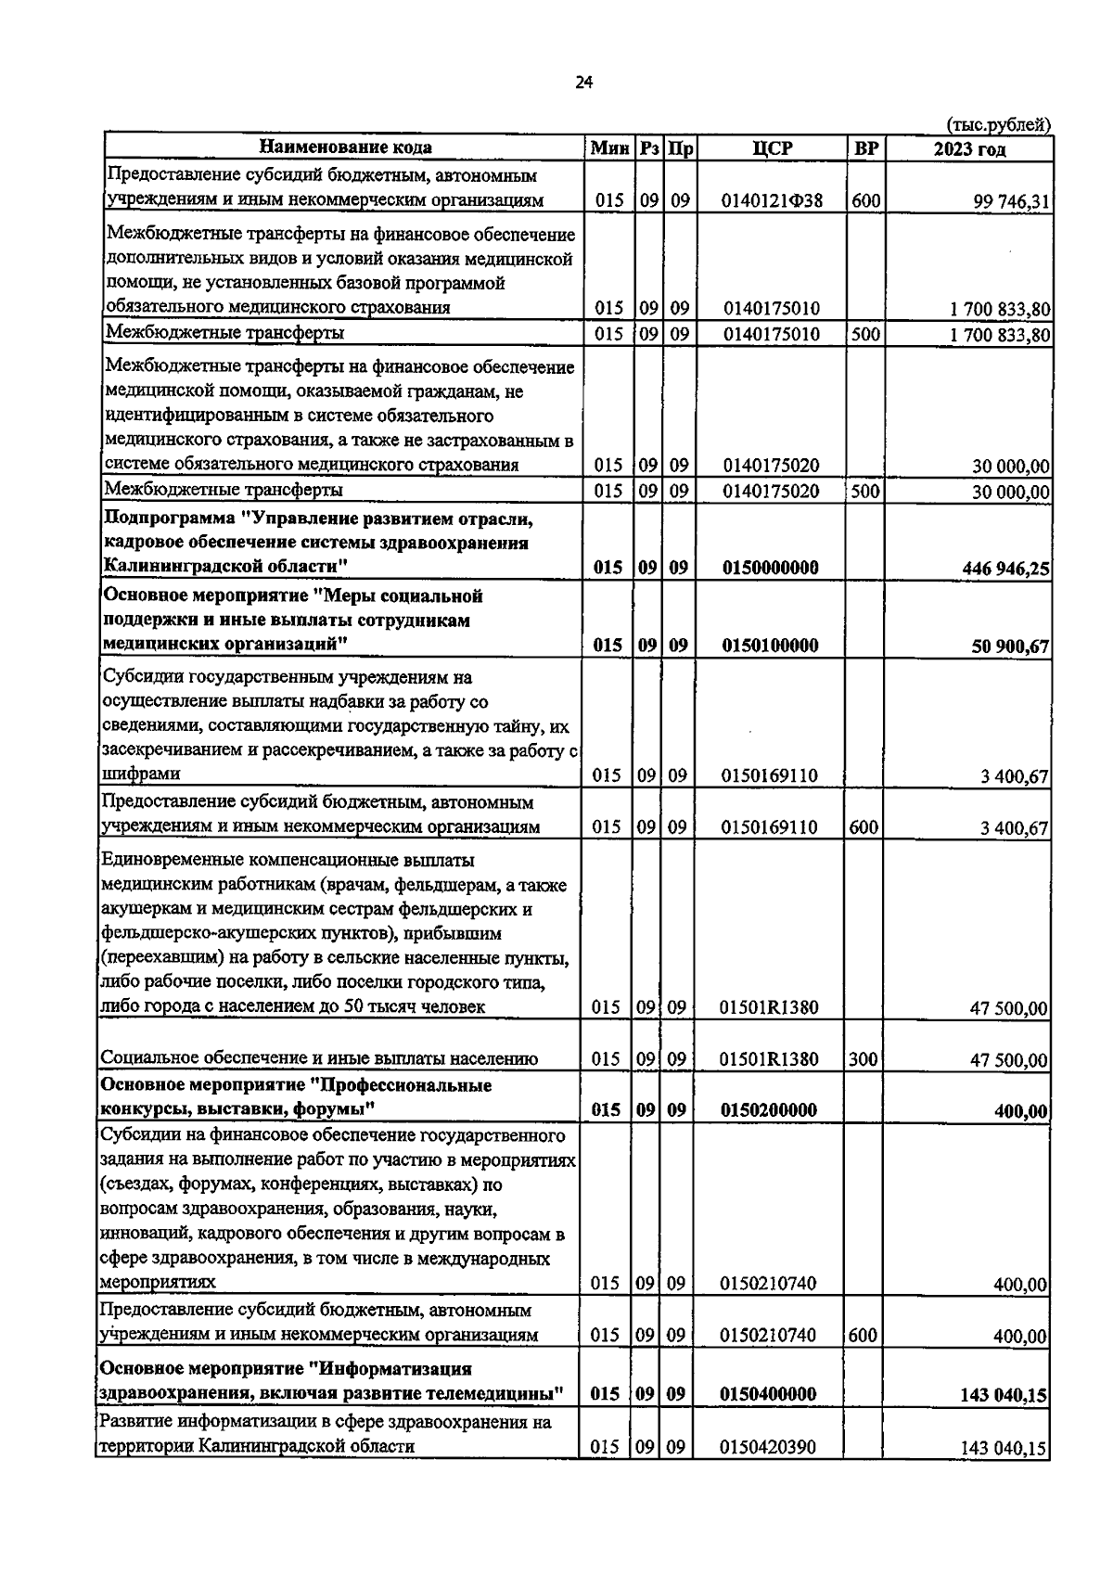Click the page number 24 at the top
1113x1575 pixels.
[x=583, y=83]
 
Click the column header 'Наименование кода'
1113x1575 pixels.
[x=345, y=147]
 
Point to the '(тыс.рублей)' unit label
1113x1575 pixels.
[x=998, y=124]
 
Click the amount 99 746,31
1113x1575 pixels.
[x=1010, y=201]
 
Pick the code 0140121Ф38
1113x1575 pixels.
[x=772, y=200]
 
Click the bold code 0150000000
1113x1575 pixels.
[x=770, y=568]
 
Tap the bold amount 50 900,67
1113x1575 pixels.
[x=1010, y=647]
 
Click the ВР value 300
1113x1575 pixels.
[x=864, y=1058]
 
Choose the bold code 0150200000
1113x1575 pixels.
[x=769, y=1110]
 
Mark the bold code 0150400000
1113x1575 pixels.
[x=769, y=1394]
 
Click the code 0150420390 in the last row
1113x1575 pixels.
[x=769, y=1446]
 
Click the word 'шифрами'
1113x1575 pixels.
[x=141, y=774]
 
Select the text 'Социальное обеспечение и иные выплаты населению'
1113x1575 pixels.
[x=319, y=1058]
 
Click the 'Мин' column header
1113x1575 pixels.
[x=609, y=148]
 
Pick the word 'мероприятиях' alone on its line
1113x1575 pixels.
[x=159, y=1283]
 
